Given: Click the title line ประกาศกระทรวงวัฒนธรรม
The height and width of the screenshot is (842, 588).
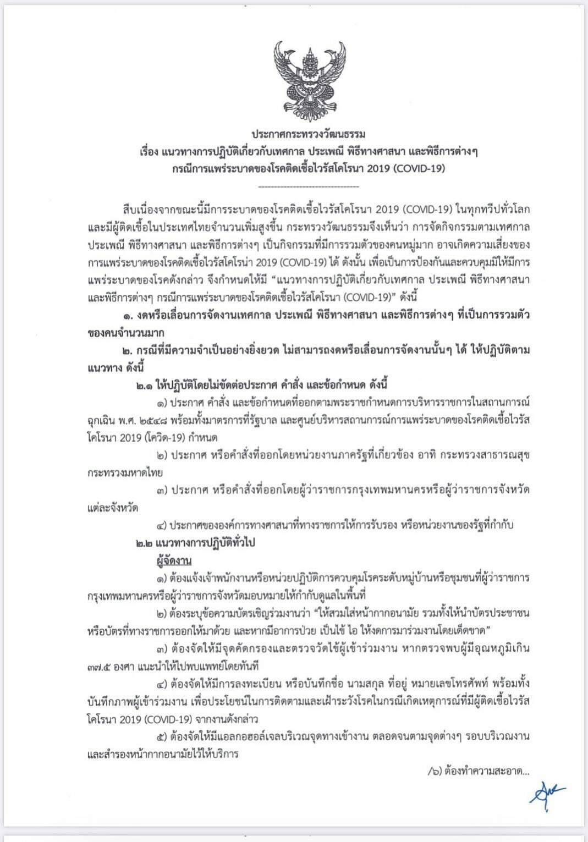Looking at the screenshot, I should (309, 134).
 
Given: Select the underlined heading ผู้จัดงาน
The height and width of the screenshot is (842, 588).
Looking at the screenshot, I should (173, 560).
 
